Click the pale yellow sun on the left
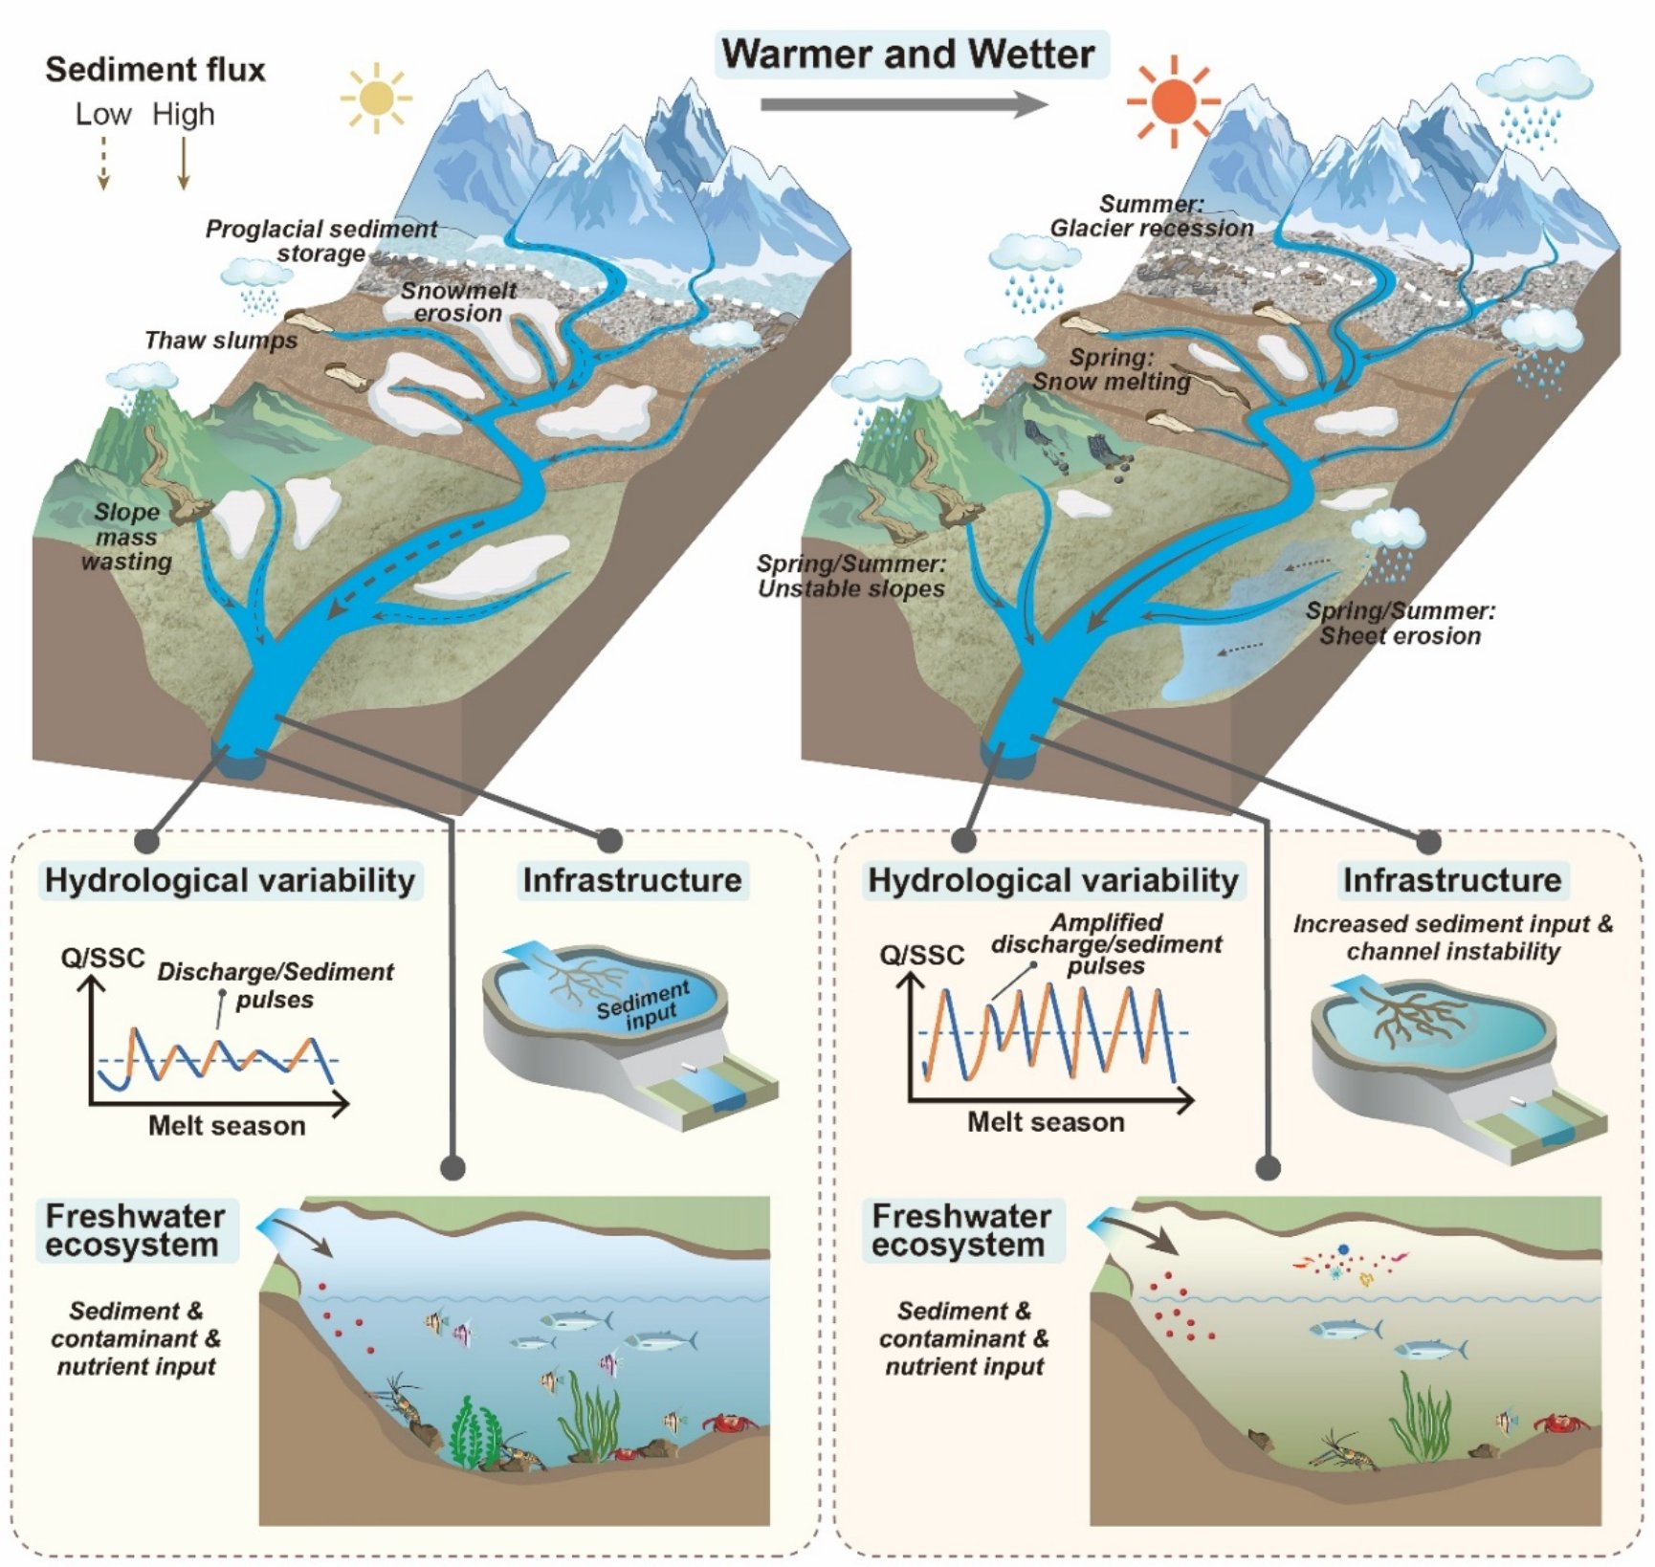click(x=376, y=97)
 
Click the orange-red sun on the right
click(x=1174, y=99)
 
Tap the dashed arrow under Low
click(x=103, y=162)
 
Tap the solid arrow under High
click(x=184, y=162)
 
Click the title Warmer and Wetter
click(x=908, y=54)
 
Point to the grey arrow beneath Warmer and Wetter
click(x=903, y=103)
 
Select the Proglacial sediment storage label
click(x=321, y=241)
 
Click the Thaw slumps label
click(x=221, y=341)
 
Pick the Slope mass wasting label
click(x=126, y=537)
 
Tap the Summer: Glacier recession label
click(x=1152, y=216)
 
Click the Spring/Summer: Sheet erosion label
click(x=1400, y=623)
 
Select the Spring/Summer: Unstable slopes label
click(x=851, y=576)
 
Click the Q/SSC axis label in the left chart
click(x=102, y=958)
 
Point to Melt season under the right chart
click(x=1046, y=1121)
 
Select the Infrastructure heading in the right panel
click(x=1451, y=880)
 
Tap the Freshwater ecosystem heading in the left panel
click(x=135, y=1230)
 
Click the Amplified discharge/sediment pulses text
click(x=1107, y=943)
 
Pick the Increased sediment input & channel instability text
click(x=1452, y=938)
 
